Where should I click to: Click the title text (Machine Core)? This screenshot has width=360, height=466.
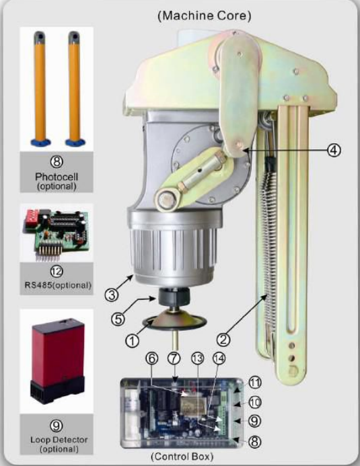[x=205, y=15]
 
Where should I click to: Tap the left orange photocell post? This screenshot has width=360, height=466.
[x=40, y=88]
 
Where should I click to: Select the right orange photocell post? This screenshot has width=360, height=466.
[x=75, y=88]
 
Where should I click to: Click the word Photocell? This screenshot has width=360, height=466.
[x=57, y=177]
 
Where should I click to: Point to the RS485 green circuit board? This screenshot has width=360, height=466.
[x=57, y=233]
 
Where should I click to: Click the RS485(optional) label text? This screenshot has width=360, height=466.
[x=58, y=285]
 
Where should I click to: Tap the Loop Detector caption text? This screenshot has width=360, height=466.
[x=59, y=440]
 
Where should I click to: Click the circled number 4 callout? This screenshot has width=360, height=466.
[x=334, y=151]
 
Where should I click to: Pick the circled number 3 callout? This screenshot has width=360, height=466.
[x=112, y=295]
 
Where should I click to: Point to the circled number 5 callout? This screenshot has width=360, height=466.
[x=118, y=319]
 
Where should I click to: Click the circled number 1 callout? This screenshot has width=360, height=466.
[x=132, y=340]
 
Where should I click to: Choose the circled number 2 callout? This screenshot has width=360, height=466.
[x=223, y=339]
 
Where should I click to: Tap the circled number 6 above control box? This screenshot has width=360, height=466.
[x=151, y=358]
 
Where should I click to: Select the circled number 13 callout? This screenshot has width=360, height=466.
[x=197, y=358]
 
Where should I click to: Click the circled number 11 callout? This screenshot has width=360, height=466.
[x=254, y=382]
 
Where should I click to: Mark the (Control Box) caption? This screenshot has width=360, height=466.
[x=182, y=456]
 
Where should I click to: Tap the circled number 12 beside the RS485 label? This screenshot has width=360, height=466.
[x=57, y=271]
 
